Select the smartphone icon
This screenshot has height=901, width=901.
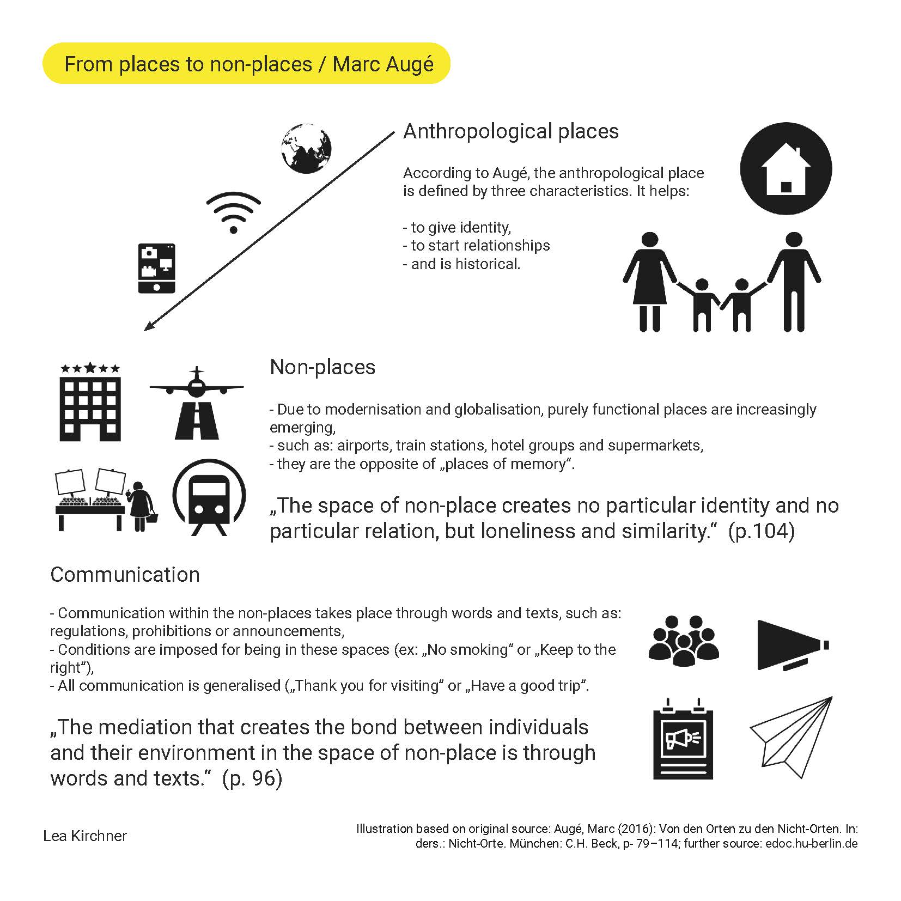point(157,268)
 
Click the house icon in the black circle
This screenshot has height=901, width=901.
point(786,168)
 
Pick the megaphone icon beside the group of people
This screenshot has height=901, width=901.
point(792,645)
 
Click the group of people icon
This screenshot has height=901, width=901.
point(684,641)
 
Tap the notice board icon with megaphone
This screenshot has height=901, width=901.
point(683,738)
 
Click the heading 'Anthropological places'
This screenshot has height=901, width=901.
point(510,131)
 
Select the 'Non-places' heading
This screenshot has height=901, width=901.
point(322,367)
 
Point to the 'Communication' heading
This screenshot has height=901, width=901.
point(125,575)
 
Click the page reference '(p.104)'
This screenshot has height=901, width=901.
point(761,531)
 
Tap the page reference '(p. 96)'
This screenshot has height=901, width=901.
point(252,778)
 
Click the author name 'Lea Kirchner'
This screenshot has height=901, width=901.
point(85,836)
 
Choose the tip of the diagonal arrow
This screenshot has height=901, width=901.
point(145,329)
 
